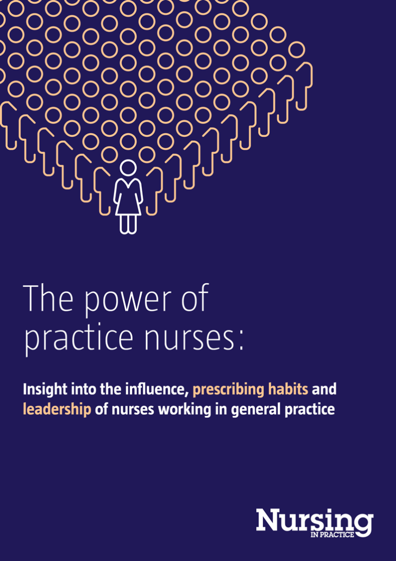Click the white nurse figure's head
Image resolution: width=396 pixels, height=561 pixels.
[128, 168]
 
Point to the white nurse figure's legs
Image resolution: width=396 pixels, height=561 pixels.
[128, 223]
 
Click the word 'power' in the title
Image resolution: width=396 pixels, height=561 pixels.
[117, 300]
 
